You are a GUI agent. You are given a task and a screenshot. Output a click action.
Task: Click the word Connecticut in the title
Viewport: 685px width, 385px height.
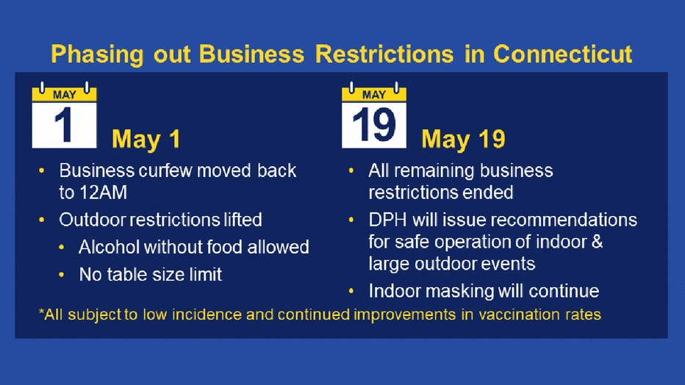[x=563, y=54]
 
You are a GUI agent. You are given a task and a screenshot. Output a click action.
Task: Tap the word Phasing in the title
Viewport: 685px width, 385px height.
[x=97, y=55]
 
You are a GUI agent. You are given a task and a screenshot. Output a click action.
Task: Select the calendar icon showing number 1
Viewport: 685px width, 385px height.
[x=64, y=115]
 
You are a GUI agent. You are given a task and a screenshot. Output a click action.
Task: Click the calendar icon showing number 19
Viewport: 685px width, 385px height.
[x=374, y=115]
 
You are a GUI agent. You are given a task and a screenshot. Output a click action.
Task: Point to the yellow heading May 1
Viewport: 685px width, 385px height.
[x=146, y=140]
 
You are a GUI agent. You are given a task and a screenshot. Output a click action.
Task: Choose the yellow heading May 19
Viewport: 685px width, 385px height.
[x=463, y=140]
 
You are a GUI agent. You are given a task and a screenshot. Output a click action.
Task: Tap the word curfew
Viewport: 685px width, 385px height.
[x=165, y=170]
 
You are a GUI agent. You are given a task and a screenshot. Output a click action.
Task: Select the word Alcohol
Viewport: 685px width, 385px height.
[x=110, y=247]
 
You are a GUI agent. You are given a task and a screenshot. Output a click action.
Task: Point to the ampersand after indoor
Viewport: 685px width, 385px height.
[x=597, y=242]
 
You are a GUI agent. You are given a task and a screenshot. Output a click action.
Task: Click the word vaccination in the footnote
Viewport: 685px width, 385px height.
[x=517, y=314]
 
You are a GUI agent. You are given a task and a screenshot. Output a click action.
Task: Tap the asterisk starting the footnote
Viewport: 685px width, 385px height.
[x=41, y=312]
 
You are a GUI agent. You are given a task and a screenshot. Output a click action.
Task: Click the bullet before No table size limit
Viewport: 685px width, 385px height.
[x=62, y=275]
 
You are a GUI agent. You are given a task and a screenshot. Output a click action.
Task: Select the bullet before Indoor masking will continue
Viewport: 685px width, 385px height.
[x=351, y=291]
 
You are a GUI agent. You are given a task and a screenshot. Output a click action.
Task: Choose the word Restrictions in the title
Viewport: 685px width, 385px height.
[x=384, y=54]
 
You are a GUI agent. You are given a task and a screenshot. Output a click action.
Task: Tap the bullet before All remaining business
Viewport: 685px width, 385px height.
[x=351, y=170]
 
